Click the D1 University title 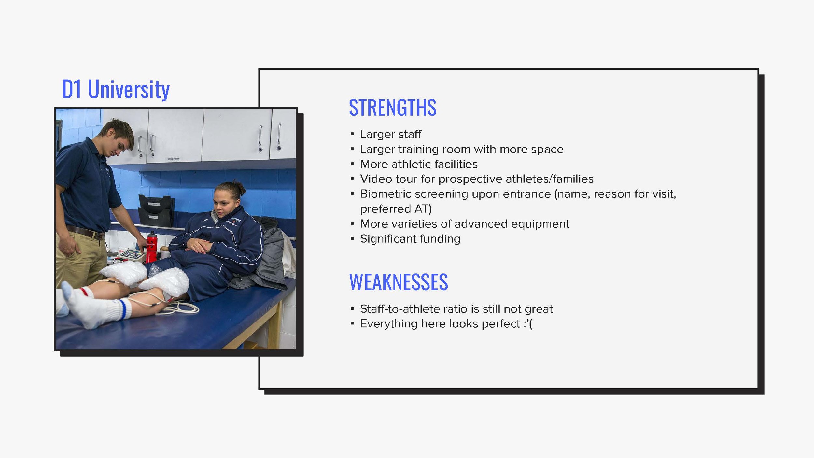(116, 89)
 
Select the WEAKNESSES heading (398, 282)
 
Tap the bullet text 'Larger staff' (390, 134)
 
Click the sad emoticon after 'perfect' (528, 324)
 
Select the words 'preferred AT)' (396, 209)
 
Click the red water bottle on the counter (151, 247)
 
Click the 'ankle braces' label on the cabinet (174, 159)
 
